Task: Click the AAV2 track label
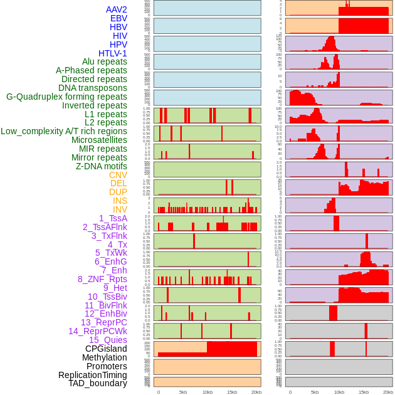(x=116, y=9)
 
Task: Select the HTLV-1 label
(x=112, y=53)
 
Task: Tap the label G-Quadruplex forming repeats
(x=66, y=97)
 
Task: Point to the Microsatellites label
(x=99, y=140)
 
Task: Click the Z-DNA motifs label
(x=102, y=166)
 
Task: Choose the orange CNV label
(x=118, y=175)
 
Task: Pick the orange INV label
(x=120, y=209)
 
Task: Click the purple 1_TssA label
(x=113, y=218)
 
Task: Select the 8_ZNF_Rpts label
(x=102, y=279)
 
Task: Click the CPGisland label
(x=106, y=349)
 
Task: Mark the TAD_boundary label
(x=97, y=383)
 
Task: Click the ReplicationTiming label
(x=92, y=375)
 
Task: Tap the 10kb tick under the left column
(x=207, y=392)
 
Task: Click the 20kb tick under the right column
(x=388, y=392)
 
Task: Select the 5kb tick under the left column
(x=183, y=392)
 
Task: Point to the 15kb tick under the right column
(x=364, y=392)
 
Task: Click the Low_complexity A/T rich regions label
(x=64, y=131)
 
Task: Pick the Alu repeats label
(x=105, y=61)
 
